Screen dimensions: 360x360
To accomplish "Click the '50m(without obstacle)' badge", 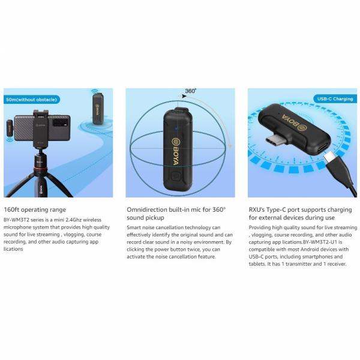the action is click(32, 100).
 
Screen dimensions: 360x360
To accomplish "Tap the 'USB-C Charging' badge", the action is click(335, 99).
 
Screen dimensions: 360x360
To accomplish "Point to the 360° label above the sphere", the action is click(191, 91).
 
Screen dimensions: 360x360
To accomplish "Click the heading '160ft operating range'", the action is click(35, 209).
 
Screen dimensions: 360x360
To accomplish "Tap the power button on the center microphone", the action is click(175, 176).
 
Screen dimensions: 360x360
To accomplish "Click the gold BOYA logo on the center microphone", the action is click(176, 152).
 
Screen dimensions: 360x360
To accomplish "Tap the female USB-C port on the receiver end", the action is click(324, 148).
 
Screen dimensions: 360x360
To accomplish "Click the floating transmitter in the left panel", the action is click(98, 109).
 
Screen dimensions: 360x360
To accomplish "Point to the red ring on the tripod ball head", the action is click(40, 170).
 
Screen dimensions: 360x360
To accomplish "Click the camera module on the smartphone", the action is click(61, 122).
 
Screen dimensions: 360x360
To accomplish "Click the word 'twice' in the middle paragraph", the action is click(194, 250).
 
